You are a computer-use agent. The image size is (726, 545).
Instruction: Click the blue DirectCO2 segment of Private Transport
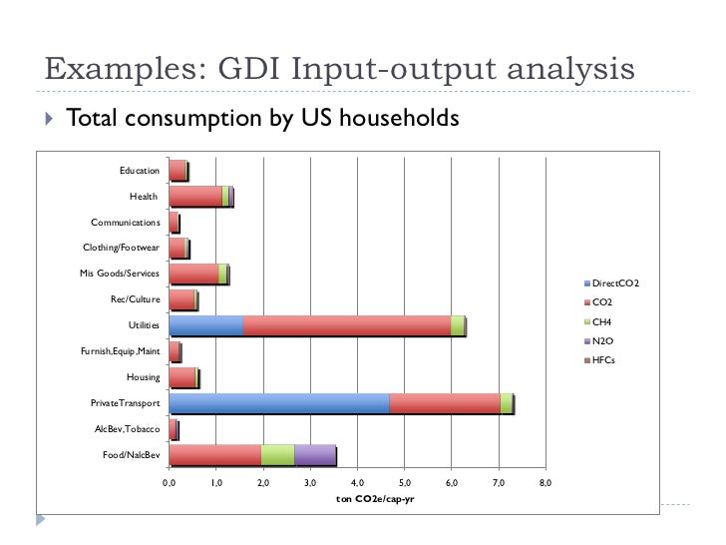point(278,403)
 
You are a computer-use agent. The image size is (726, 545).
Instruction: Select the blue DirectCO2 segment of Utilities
point(205,325)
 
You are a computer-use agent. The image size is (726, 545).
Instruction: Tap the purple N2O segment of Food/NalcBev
point(315,455)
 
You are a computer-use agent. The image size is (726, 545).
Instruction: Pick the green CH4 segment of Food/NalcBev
point(277,455)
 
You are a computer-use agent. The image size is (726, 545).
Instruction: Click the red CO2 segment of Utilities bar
point(346,325)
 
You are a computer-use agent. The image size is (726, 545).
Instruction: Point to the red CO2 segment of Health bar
point(195,196)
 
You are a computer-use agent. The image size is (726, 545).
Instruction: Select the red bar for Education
point(178,171)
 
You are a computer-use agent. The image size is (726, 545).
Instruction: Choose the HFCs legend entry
point(603,359)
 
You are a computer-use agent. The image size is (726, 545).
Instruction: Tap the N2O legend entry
point(602,340)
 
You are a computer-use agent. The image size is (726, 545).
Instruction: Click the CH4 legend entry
point(602,321)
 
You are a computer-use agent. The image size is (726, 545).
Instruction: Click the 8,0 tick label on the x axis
point(544,483)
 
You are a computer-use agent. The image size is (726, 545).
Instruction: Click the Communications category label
point(125,222)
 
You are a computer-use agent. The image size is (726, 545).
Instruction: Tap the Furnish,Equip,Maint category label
point(121,351)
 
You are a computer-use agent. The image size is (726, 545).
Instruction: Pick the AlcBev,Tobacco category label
point(126,429)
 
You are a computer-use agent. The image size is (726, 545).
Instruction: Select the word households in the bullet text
point(399,119)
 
